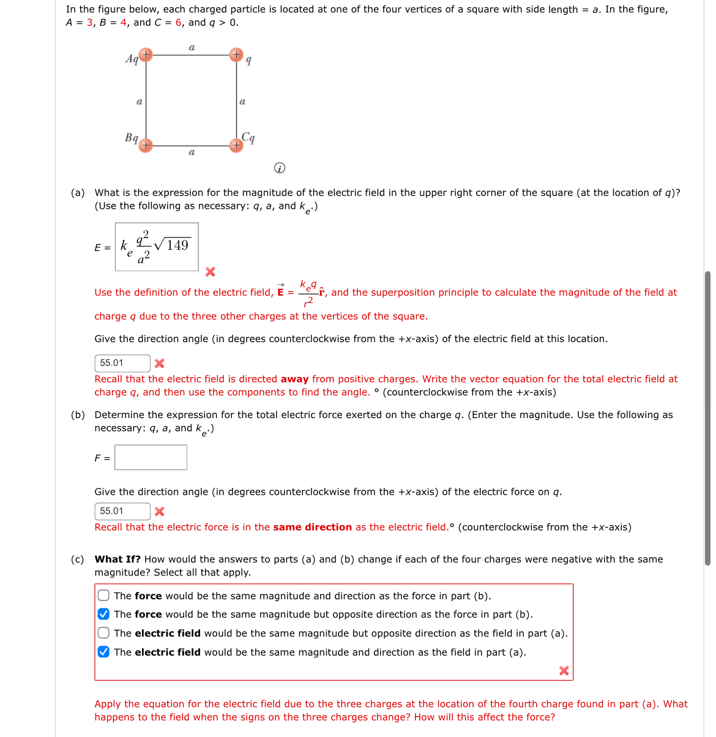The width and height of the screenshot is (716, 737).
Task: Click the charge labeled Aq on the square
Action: point(145,55)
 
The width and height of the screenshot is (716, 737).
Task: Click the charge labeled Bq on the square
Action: point(145,146)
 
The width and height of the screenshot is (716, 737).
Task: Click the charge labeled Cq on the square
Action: point(236,146)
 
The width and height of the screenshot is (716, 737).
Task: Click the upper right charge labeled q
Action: point(236,55)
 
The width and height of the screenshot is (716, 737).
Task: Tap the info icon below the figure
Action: point(279,168)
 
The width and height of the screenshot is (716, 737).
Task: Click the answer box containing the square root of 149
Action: point(157,247)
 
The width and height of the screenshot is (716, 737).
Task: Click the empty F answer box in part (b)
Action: point(151,457)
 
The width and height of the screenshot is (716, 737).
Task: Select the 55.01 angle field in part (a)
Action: point(122,363)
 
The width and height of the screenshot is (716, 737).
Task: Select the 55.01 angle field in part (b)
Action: point(122,511)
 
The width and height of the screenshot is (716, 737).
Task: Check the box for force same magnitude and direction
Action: point(104,596)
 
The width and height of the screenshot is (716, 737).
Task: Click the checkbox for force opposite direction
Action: point(104,614)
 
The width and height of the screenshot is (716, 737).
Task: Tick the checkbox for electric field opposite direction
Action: point(104,633)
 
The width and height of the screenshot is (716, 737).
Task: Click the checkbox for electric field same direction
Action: point(104,652)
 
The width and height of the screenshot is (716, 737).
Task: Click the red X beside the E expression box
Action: point(210,271)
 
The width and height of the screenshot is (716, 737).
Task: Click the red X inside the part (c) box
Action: point(564,671)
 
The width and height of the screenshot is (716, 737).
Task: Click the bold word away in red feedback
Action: point(294,379)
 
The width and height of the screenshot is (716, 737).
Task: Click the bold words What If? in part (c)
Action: point(117,559)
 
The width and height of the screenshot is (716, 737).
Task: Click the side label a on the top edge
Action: point(192,47)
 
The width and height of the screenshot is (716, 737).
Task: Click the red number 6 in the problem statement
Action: point(179,23)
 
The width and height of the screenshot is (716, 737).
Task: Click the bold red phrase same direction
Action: point(312,527)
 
